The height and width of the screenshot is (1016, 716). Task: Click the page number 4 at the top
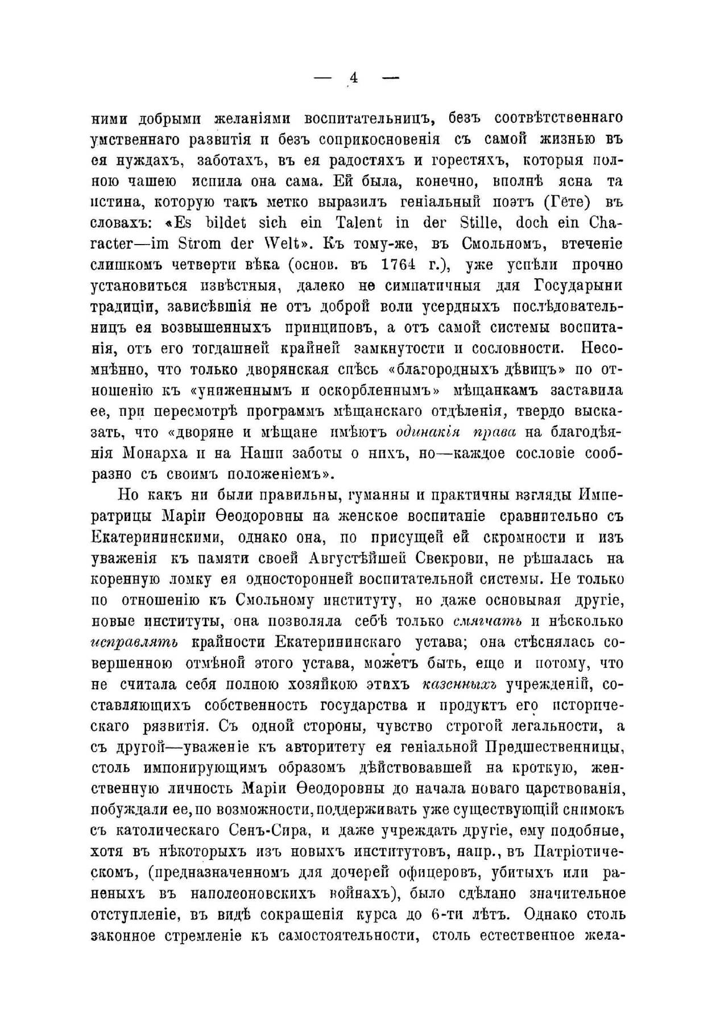coord(353,78)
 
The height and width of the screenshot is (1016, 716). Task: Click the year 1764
coord(413,265)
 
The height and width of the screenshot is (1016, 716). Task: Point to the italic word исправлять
coord(134,643)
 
